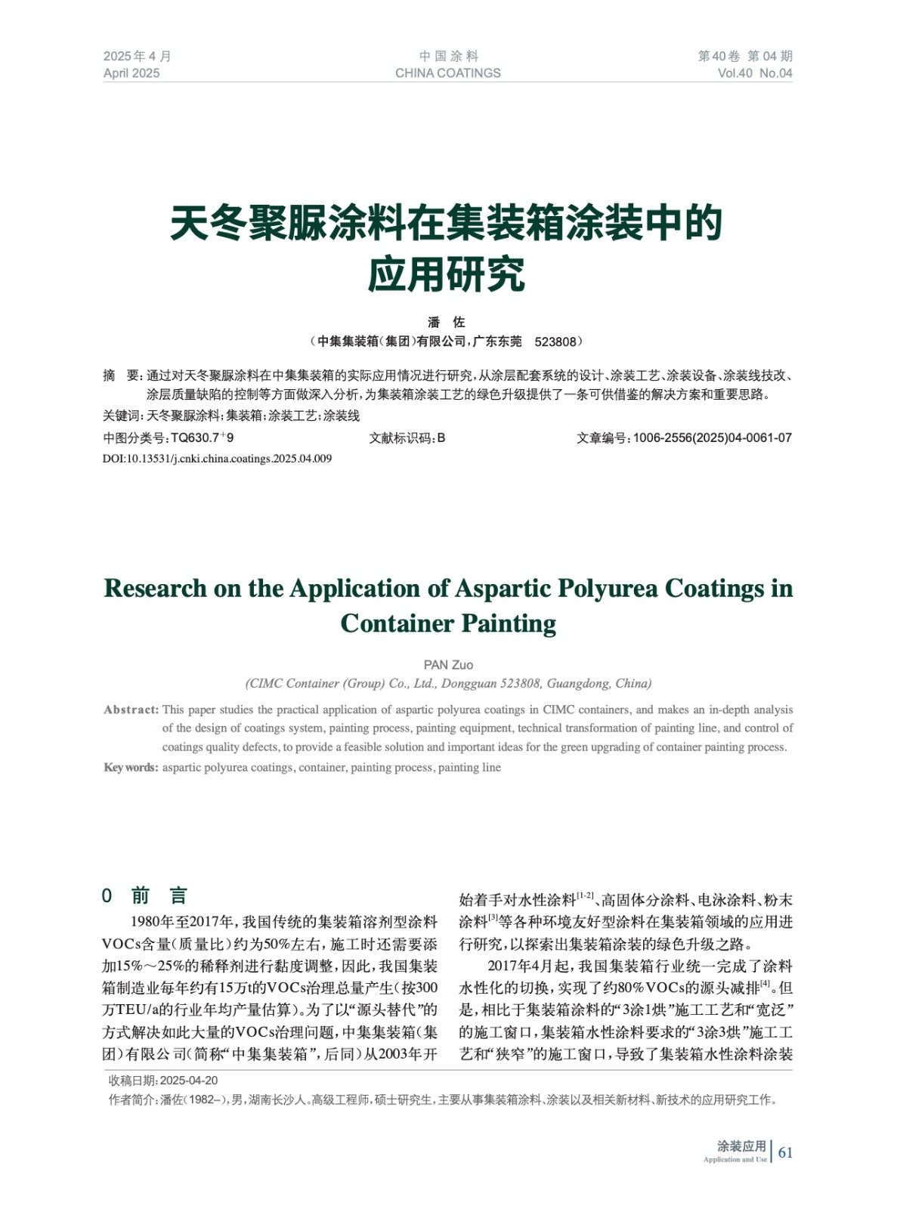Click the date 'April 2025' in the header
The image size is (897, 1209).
coord(131,73)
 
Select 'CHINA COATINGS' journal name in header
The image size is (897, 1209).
coord(447,73)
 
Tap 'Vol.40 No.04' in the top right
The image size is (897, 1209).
coord(754,73)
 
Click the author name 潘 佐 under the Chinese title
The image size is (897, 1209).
coord(447,322)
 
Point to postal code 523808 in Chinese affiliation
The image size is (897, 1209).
coord(555,342)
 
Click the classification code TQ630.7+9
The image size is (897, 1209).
coord(202,438)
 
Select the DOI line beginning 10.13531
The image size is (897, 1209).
coord(217,459)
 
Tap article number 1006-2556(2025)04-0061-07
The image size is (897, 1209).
coord(712,438)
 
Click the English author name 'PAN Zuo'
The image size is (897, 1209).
coord(448,665)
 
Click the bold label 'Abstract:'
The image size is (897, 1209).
coord(131,710)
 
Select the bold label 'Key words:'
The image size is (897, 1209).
coord(131,768)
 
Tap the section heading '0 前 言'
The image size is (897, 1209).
coord(144,896)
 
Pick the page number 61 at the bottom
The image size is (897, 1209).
coord(785,1152)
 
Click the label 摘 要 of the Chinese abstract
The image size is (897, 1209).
coord(122,376)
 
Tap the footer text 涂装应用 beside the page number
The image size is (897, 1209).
coord(741,1146)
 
